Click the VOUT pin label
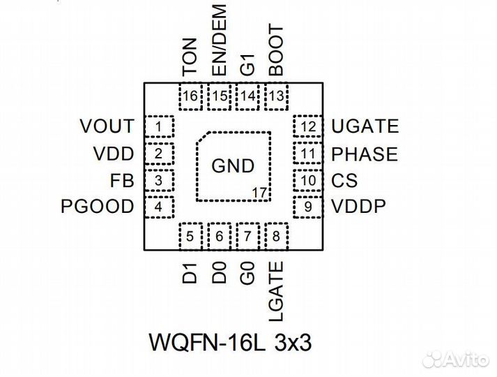(x=107, y=126)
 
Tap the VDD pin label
(x=112, y=154)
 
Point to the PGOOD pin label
(x=96, y=207)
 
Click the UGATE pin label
(x=365, y=126)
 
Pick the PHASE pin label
(x=364, y=154)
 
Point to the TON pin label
(x=190, y=58)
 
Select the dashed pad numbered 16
(x=190, y=96)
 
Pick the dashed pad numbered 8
(x=277, y=237)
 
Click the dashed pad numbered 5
(x=190, y=237)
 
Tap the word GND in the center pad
(x=233, y=166)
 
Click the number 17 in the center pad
(x=259, y=191)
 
